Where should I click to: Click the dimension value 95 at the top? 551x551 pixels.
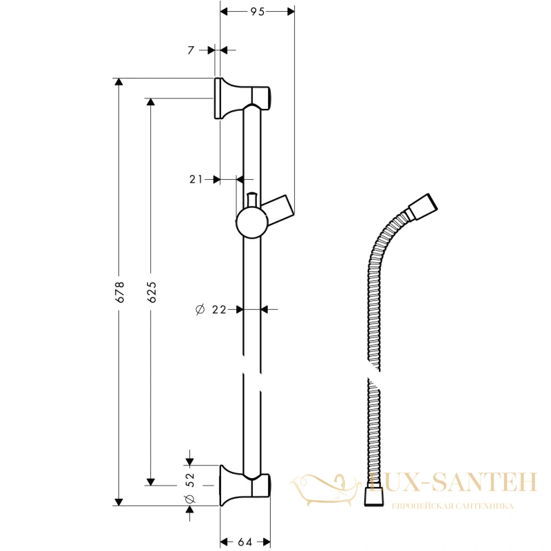(257, 12)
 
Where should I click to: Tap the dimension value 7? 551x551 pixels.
(191, 50)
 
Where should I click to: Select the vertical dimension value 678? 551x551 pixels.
(120, 292)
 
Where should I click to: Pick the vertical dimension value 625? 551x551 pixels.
(152, 292)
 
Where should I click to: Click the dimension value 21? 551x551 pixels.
(196, 180)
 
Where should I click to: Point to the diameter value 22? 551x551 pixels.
(219, 309)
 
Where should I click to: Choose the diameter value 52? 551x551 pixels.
(190, 480)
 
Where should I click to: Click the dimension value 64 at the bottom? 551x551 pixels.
(245, 542)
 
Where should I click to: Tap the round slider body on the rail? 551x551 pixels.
(251, 222)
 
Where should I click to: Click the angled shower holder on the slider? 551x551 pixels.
(280, 210)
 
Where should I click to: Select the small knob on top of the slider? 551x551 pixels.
(252, 200)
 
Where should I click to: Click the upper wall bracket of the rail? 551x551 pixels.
(242, 98)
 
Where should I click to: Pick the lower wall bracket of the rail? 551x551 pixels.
(245, 486)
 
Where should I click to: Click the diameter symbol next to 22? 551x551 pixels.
(200, 309)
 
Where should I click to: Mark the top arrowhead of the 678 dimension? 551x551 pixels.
(119, 81)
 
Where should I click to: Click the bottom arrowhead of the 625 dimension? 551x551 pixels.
(151, 481)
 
